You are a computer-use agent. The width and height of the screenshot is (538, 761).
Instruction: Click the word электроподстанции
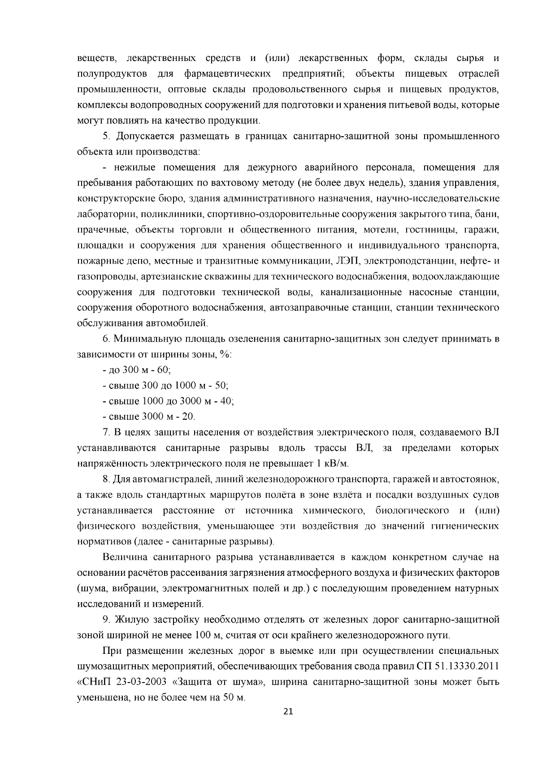(402, 261)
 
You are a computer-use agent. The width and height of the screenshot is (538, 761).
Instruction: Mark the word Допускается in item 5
(146, 136)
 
